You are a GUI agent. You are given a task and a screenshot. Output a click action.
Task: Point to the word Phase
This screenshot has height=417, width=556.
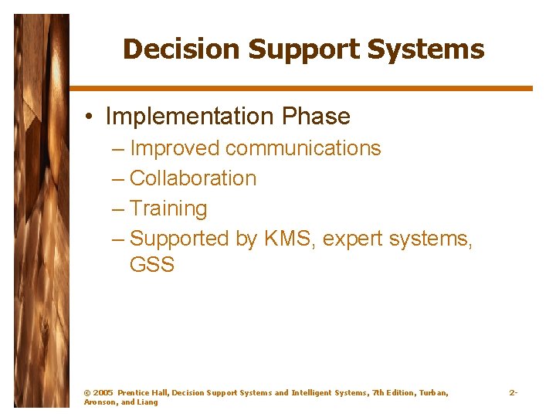(316, 117)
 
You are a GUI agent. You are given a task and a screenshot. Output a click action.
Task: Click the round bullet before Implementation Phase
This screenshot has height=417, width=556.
(90, 117)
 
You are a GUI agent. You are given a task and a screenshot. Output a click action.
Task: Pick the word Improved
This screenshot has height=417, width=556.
(175, 148)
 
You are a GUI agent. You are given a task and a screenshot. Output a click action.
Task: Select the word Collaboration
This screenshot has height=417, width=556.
(193, 178)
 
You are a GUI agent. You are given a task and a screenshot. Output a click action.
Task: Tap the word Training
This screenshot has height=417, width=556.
(168, 209)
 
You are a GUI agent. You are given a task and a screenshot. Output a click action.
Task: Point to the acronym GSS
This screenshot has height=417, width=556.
(152, 265)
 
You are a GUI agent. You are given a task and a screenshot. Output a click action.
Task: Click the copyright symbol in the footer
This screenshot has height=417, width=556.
(86, 393)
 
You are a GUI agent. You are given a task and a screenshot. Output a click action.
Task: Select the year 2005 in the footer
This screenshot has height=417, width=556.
(103, 393)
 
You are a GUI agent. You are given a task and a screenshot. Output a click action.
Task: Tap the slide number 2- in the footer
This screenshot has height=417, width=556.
(513, 393)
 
